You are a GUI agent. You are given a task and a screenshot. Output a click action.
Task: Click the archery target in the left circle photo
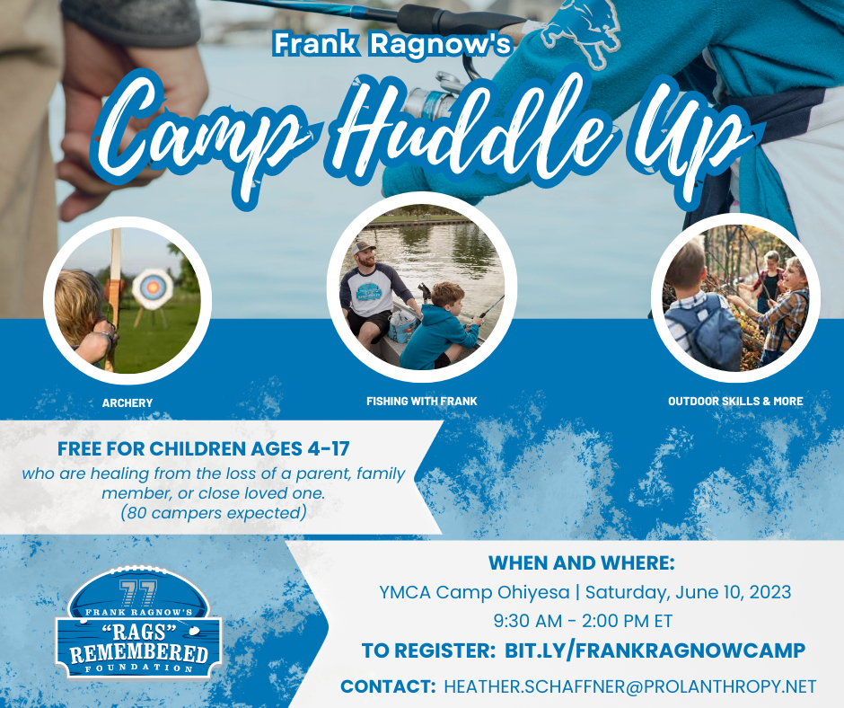[x=153, y=288]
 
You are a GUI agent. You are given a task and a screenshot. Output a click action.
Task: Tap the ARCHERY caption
[x=127, y=403]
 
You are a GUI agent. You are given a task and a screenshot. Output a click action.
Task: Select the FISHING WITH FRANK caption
[x=422, y=402]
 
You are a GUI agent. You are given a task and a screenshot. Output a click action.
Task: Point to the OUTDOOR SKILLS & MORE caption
[x=735, y=402]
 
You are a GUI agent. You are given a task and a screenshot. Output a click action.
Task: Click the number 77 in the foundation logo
[x=137, y=593]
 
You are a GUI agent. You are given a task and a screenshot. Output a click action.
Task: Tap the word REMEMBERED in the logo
[x=139, y=652]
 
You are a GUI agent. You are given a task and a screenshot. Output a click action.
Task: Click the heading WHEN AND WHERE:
[x=581, y=563]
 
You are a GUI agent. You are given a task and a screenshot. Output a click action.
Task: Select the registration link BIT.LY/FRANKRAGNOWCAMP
[x=655, y=650]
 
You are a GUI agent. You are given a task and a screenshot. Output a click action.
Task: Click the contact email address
[x=630, y=686]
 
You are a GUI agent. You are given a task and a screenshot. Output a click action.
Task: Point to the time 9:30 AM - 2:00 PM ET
[x=583, y=621]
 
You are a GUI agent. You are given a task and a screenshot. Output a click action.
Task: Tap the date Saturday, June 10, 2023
[x=689, y=592]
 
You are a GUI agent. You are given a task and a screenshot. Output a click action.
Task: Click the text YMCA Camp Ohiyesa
[x=474, y=592]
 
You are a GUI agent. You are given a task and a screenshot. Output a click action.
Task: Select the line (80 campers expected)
[x=213, y=512]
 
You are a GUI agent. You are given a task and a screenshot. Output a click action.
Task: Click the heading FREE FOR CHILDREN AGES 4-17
[x=204, y=449]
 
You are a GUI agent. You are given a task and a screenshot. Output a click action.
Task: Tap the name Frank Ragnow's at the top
[x=391, y=44]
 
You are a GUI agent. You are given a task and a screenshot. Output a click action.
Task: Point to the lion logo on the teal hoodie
[x=581, y=33]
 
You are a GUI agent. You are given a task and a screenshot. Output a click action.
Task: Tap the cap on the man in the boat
[x=364, y=248]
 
